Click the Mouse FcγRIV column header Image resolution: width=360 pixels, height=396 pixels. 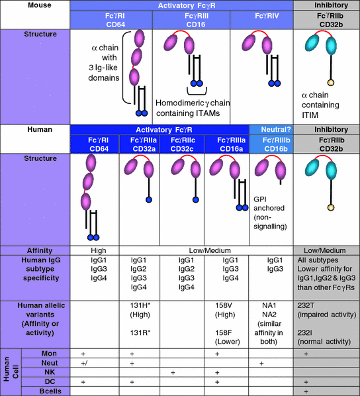point(261,21)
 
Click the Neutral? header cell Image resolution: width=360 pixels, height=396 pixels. point(268,130)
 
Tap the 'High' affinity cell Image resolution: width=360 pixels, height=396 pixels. point(95,250)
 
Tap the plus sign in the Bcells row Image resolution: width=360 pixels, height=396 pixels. point(306,391)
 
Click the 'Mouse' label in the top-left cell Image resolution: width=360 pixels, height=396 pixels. point(35,5)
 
